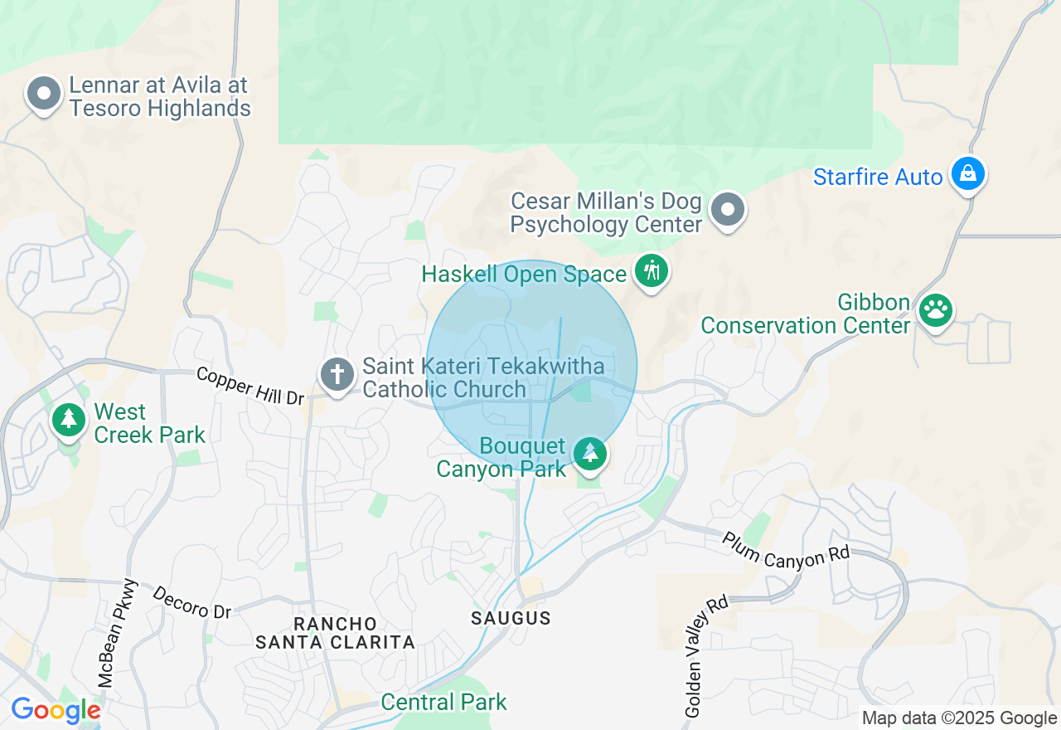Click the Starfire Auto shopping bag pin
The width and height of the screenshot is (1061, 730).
click(x=967, y=173)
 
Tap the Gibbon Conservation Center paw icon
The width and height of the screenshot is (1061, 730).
click(x=937, y=311)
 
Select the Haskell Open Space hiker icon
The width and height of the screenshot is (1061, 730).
click(x=652, y=271)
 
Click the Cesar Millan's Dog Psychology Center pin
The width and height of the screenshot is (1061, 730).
click(x=728, y=210)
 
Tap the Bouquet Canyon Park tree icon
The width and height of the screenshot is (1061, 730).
click(x=590, y=454)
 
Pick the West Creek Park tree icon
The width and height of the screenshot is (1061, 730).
click(x=69, y=420)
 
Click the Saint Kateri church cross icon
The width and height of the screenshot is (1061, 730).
click(x=337, y=374)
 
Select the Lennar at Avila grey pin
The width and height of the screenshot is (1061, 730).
click(x=44, y=95)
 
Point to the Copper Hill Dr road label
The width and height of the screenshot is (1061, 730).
click(x=250, y=387)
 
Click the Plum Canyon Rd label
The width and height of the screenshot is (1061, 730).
click(x=786, y=549)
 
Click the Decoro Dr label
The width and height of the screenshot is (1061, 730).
click(x=192, y=602)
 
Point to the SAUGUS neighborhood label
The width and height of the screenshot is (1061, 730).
click(x=511, y=618)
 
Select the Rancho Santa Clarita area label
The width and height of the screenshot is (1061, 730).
click(x=335, y=633)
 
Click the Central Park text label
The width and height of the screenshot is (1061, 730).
click(x=443, y=702)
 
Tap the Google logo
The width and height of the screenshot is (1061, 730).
click(x=56, y=710)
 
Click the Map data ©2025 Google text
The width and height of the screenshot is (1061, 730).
click(x=959, y=718)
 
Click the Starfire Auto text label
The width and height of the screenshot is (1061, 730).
click(x=878, y=177)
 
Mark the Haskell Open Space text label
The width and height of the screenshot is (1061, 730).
click(x=524, y=274)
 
